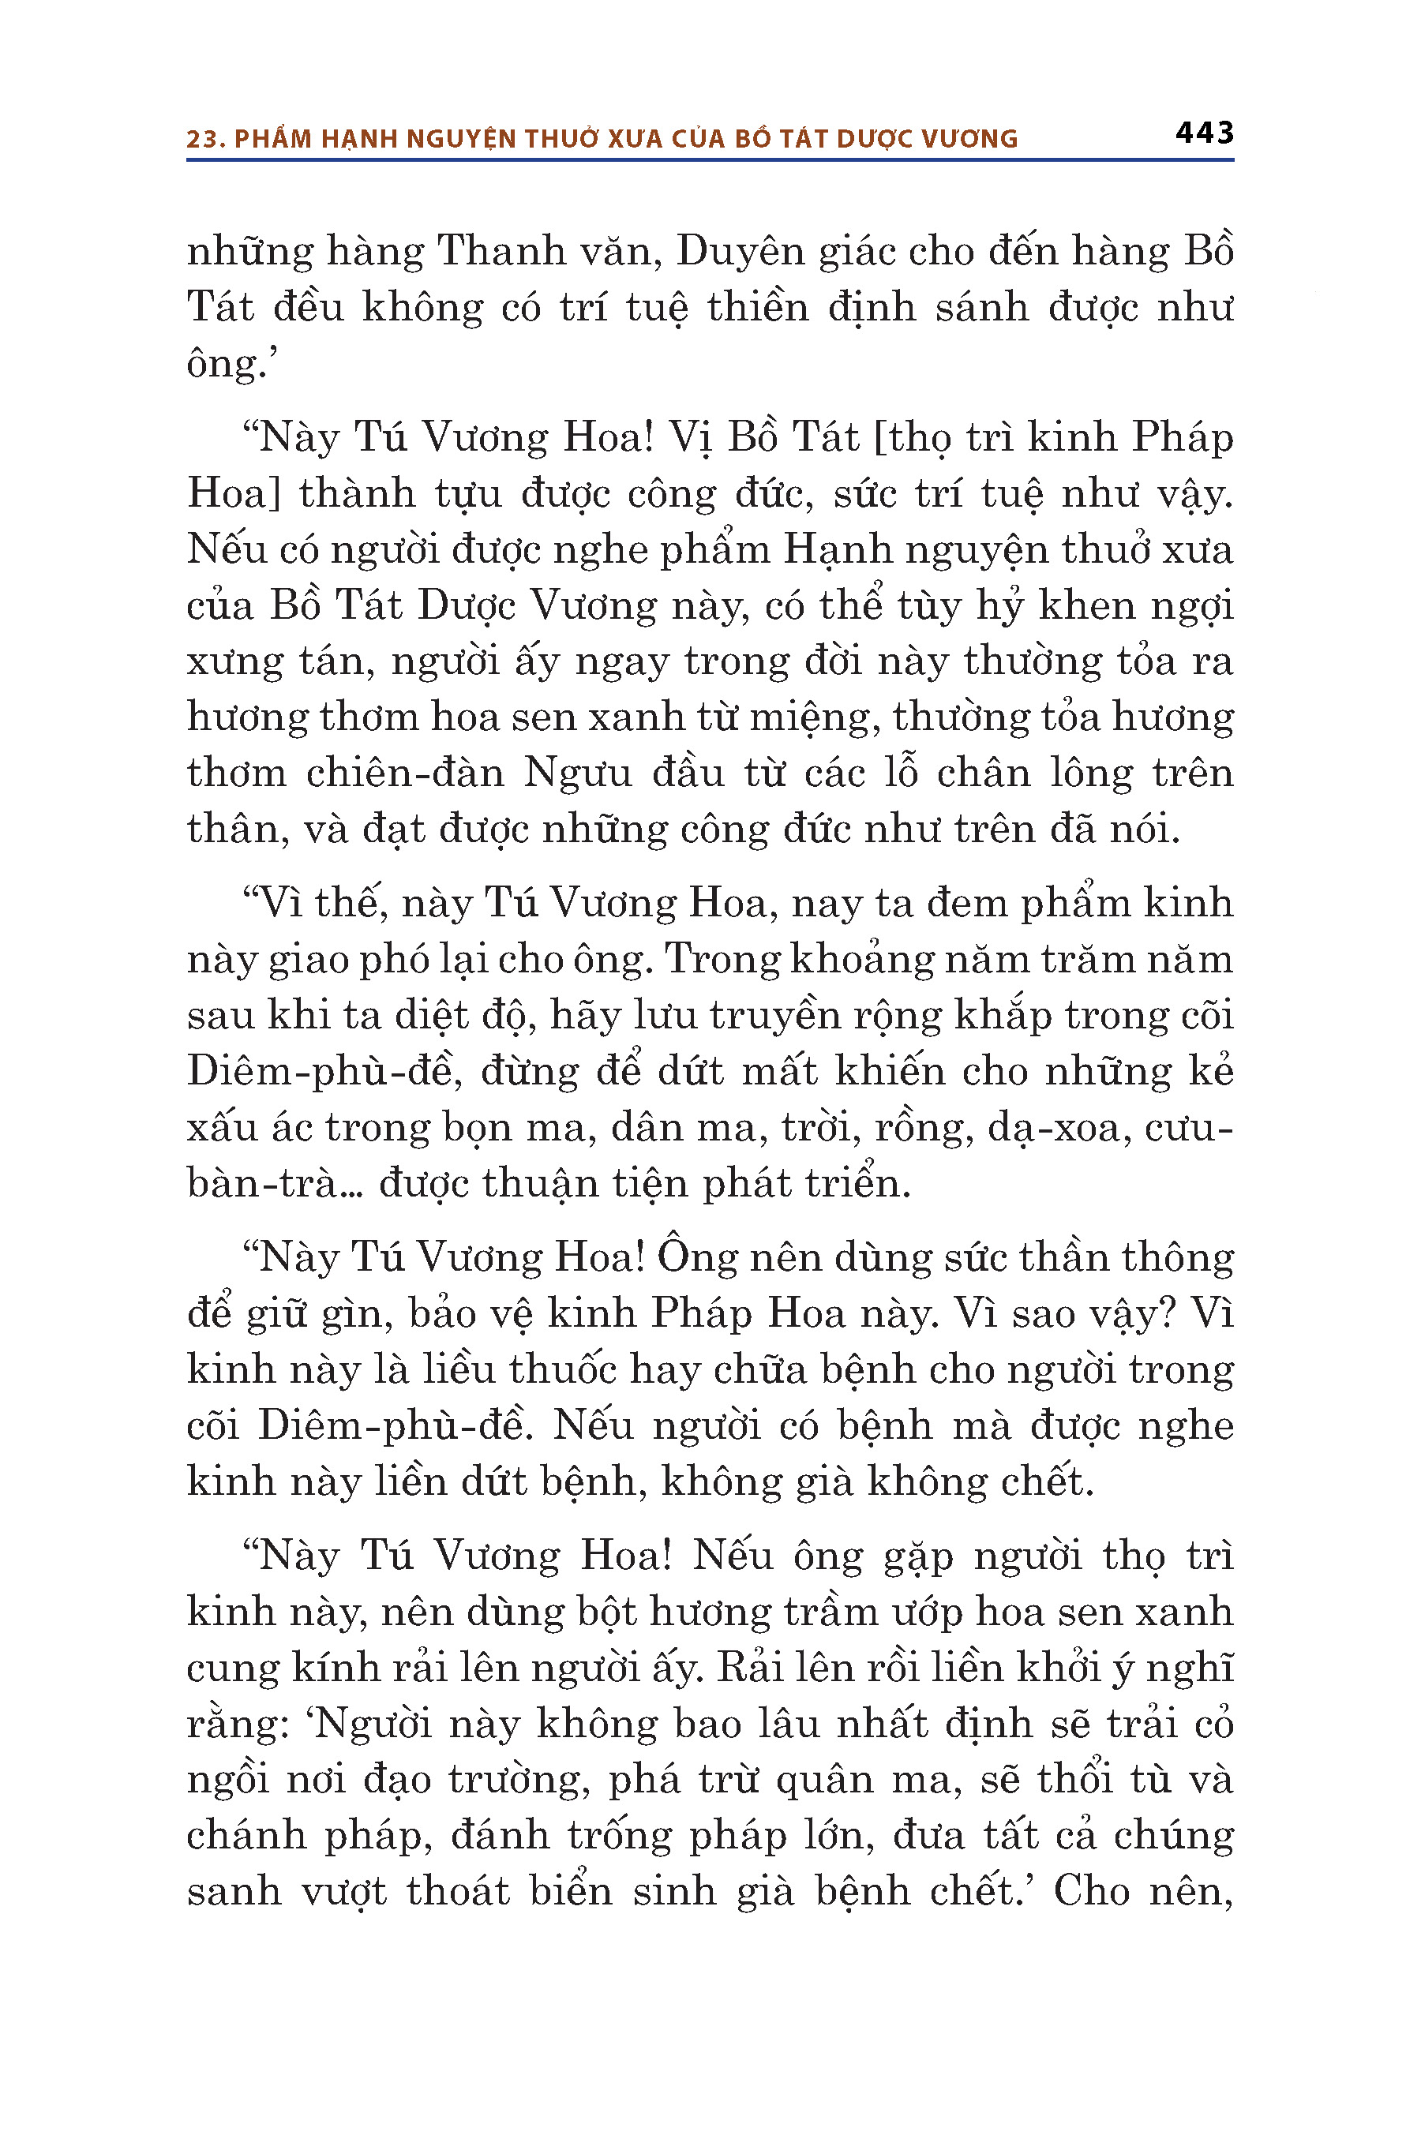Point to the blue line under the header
click(x=710, y=160)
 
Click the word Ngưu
click(x=577, y=773)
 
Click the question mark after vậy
click(x=1168, y=1315)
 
